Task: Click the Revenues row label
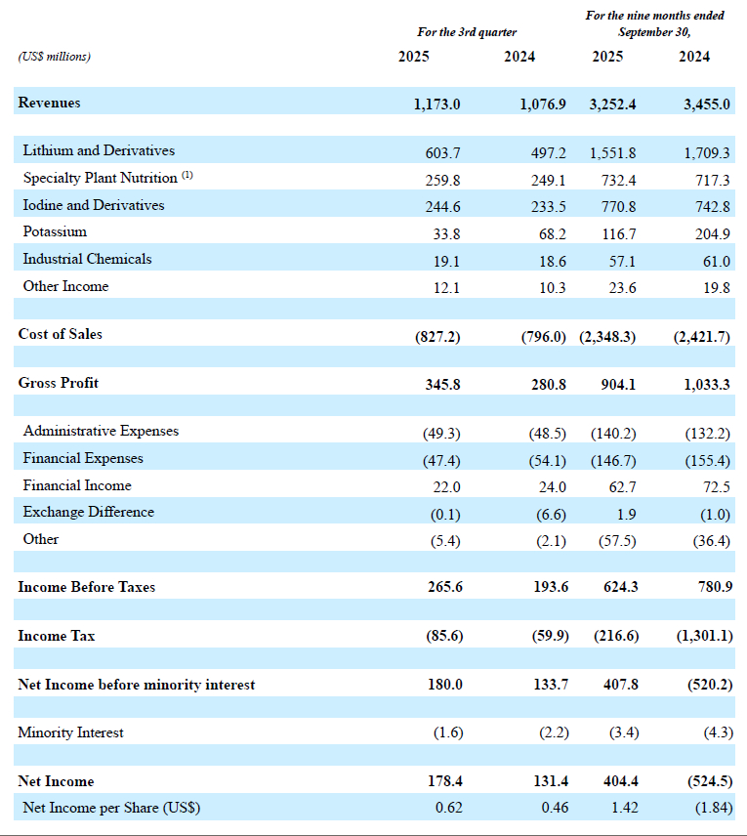49,103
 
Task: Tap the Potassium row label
55,231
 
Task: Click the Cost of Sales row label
60,334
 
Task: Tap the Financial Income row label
77,485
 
